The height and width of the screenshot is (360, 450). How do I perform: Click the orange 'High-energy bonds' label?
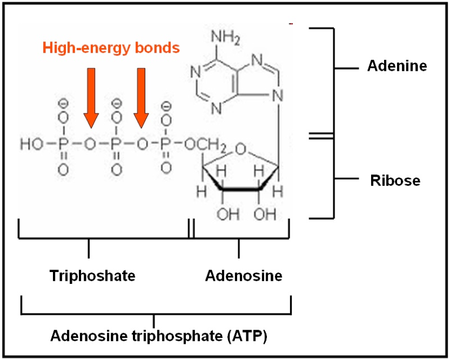111,48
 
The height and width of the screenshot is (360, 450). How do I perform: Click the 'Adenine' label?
397,66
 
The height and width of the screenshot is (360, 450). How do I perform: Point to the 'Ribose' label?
395,180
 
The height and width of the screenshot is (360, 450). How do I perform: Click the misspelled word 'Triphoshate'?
92,276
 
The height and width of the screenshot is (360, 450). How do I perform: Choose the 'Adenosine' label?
244,276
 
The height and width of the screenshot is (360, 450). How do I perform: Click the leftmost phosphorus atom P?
63,144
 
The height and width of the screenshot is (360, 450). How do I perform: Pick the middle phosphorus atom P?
115,144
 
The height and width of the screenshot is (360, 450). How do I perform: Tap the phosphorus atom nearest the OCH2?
167,144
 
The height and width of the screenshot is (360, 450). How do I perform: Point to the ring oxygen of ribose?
241,148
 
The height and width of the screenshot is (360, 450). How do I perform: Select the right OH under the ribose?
265,214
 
